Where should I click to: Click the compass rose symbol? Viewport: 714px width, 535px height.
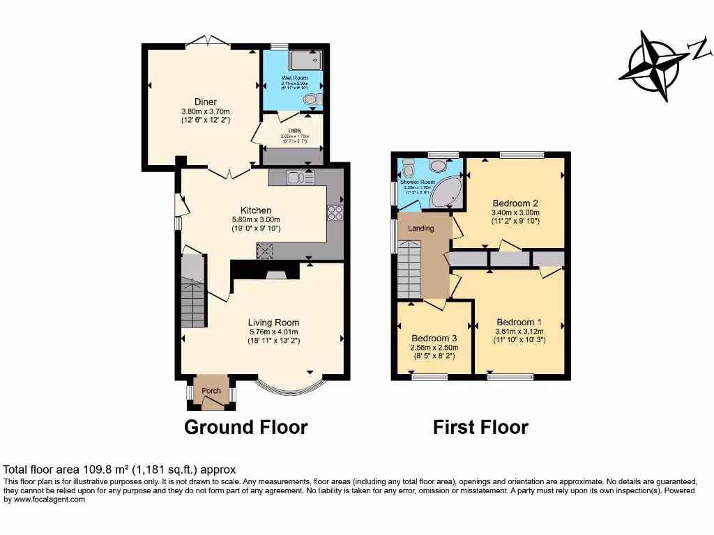(653, 66)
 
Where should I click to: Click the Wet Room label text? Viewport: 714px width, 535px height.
(294, 78)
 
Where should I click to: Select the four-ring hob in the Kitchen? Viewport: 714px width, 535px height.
(335, 212)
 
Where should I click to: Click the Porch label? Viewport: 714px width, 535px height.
(211, 391)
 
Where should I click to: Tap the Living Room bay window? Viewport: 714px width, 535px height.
(289, 387)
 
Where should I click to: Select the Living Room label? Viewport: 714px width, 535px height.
(273, 323)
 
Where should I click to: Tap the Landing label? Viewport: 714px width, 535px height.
(420, 228)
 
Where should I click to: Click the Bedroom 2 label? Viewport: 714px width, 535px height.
(515, 203)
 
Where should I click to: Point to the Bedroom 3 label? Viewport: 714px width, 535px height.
(434, 337)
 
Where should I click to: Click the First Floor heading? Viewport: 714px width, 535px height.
(480, 426)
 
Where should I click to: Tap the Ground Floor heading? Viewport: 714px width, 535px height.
(245, 426)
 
